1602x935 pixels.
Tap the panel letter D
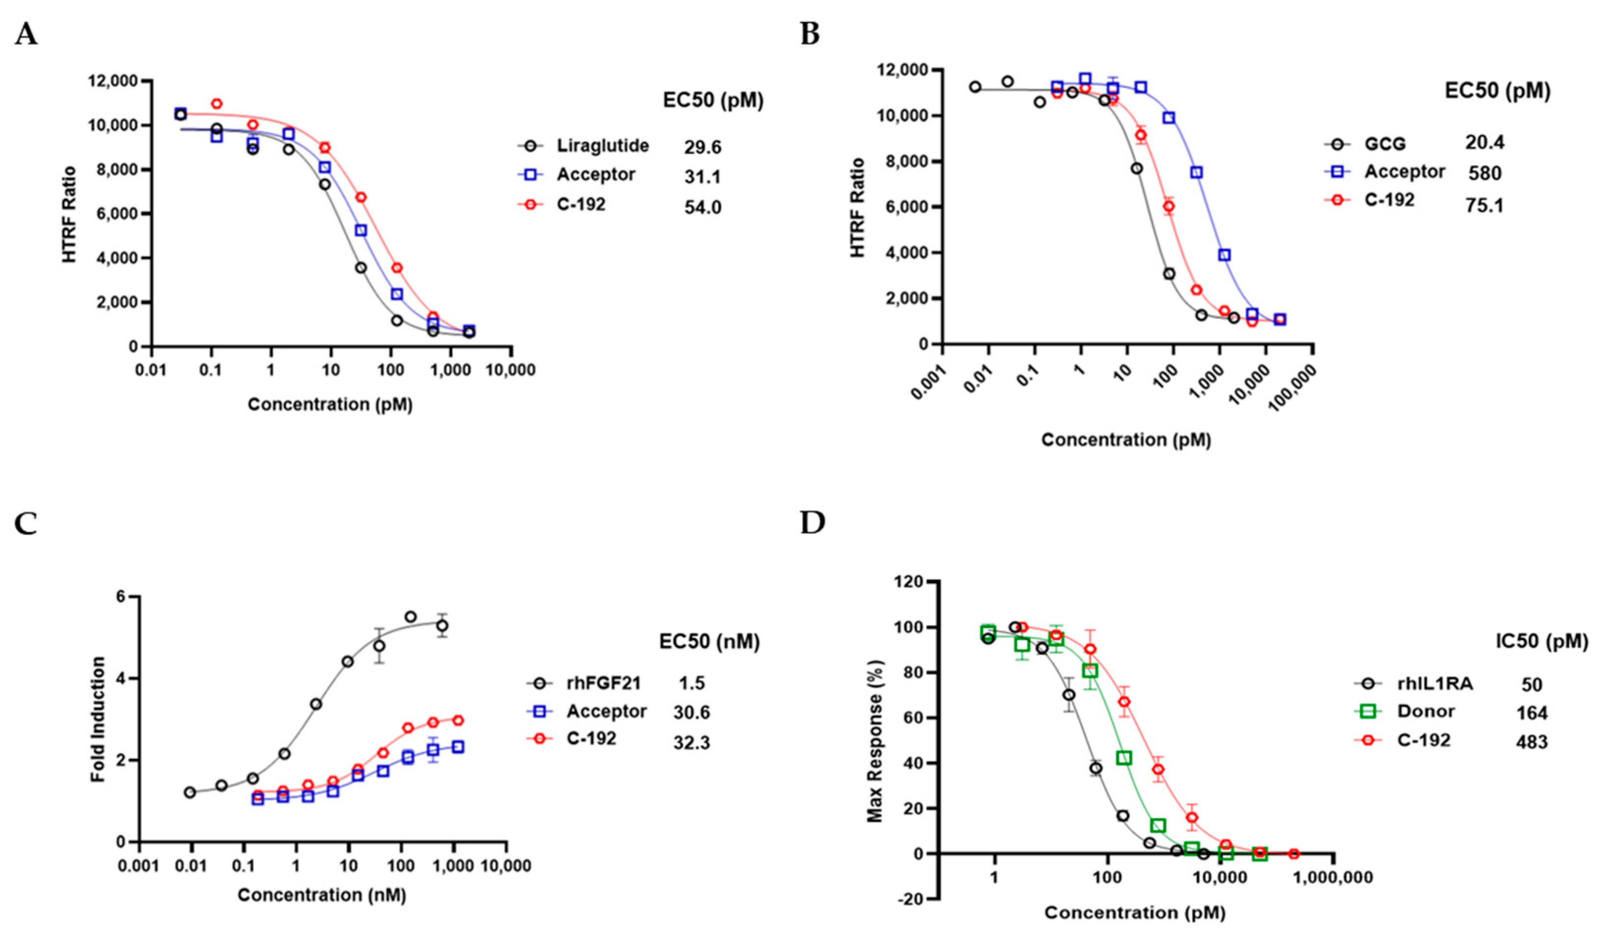click(812, 523)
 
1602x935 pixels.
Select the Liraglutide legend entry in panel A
click(602, 146)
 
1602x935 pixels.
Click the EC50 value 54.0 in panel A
click(703, 207)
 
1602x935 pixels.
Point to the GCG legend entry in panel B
click(1385, 144)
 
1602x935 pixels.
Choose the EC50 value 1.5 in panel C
click(692, 683)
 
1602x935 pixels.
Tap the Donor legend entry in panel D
click(1426, 711)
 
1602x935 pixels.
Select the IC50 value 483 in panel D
click(1531, 742)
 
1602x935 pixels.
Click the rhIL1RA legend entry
click(1435, 684)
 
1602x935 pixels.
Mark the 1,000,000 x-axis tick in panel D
click(1333, 878)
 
